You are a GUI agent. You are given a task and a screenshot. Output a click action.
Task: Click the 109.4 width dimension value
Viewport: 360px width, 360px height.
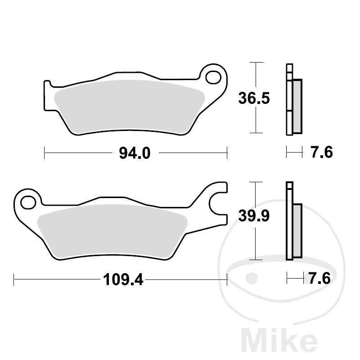pyautogui.click(x=123, y=280)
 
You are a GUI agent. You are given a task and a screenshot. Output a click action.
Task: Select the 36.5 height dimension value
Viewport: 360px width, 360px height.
pyautogui.click(x=254, y=98)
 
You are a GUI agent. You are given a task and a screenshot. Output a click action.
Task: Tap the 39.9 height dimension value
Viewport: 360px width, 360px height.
pyautogui.click(x=253, y=217)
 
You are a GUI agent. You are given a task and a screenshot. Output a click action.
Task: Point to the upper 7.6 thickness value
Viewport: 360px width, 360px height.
pyautogui.click(x=321, y=153)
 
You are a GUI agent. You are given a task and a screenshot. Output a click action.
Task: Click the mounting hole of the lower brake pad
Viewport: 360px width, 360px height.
pyautogui.click(x=28, y=201)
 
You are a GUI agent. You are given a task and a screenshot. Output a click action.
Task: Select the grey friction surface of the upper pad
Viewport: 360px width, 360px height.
pyautogui.click(x=128, y=106)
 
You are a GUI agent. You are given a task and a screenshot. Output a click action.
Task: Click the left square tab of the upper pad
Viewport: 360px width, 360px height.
pyautogui.click(x=47, y=94)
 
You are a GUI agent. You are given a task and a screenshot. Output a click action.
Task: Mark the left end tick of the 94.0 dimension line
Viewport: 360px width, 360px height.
pyautogui.click(x=45, y=153)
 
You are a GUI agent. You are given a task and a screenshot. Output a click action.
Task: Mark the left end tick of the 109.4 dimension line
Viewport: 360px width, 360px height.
pyautogui.click(x=14, y=280)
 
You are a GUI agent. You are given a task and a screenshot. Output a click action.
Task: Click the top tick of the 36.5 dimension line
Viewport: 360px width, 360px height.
pyautogui.click(x=256, y=63)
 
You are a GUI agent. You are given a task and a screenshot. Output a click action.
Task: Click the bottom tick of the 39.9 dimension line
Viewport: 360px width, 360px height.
pyautogui.click(x=256, y=260)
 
